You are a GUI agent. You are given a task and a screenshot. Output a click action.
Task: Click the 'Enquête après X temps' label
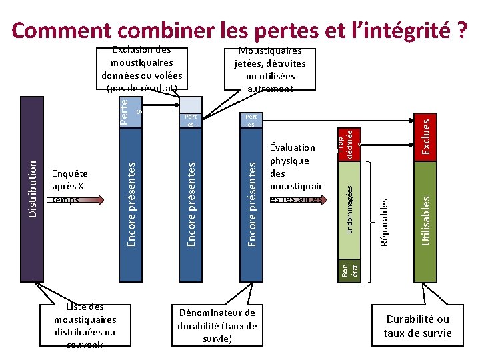coord(70,186)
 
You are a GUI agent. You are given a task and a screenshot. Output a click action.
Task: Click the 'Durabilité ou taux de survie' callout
coord(417,326)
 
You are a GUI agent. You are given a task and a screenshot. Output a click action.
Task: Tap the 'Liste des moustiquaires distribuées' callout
coord(85,325)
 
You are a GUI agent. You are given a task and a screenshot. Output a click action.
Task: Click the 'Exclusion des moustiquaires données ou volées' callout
coord(141,68)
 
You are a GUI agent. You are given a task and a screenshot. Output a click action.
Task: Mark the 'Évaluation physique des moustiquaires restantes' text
coord(296,173)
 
